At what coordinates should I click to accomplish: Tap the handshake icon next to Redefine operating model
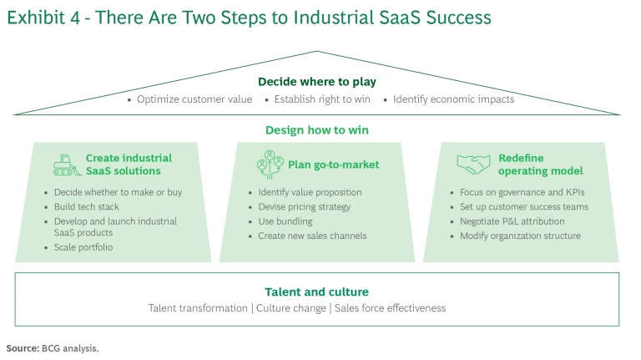473,164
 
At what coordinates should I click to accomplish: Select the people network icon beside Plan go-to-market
270,164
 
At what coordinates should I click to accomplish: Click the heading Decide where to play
316,82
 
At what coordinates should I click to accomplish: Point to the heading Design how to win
316,130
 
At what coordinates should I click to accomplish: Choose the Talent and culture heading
316,292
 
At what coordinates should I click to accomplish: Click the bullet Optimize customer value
194,99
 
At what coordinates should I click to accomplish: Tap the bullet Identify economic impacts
453,99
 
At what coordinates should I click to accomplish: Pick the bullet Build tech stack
87,207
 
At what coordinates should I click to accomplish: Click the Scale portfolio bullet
83,247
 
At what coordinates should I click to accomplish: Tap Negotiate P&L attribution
512,221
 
